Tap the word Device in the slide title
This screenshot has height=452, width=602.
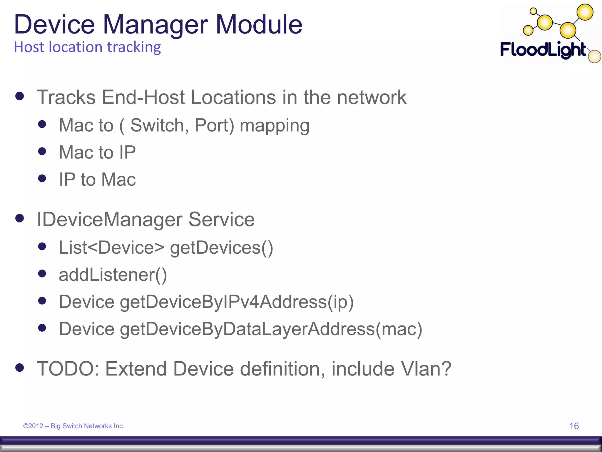pos(54,25)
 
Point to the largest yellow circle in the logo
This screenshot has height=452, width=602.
pos(585,12)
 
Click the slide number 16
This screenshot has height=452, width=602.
pos(574,426)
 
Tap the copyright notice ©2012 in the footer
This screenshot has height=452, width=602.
pos(33,426)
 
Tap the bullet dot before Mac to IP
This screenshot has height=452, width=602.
pos(42,152)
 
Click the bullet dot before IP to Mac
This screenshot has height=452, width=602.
pos(42,179)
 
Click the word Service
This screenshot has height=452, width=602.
pos(221,220)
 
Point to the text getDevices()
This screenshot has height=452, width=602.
pos(221,248)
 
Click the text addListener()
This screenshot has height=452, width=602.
pos(113,275)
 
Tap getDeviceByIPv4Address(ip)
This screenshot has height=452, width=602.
pos(237,302)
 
